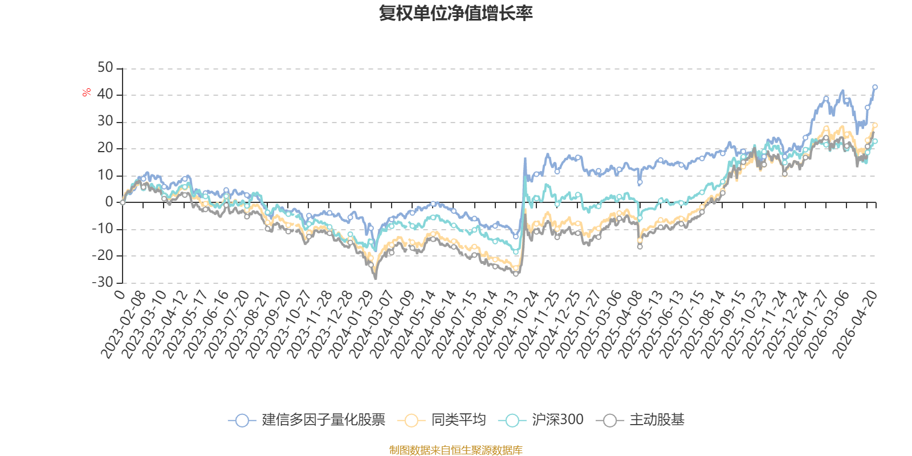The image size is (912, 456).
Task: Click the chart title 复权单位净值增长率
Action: [x=456, y=14]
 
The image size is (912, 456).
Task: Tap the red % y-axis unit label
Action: [x=87, y=92]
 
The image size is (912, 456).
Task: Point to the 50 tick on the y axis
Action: [x=105, y=68]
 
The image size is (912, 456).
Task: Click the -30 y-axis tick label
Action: [x=103, y=282]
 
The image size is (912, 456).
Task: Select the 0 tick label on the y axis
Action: [x=109, y=202]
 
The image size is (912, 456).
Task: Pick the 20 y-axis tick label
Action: [x=105, y=148]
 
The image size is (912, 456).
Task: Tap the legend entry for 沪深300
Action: [x=541, y=420]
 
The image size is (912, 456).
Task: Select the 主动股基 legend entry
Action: [x=641, y=420]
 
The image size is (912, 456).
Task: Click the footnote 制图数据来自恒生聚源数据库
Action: [x=456, y=450]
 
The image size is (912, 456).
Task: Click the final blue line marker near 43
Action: [x=875, y=87]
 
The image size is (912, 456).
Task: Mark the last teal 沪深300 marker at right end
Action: [x=875, y=141]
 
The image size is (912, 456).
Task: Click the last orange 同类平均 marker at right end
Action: [x=875, y=125]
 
